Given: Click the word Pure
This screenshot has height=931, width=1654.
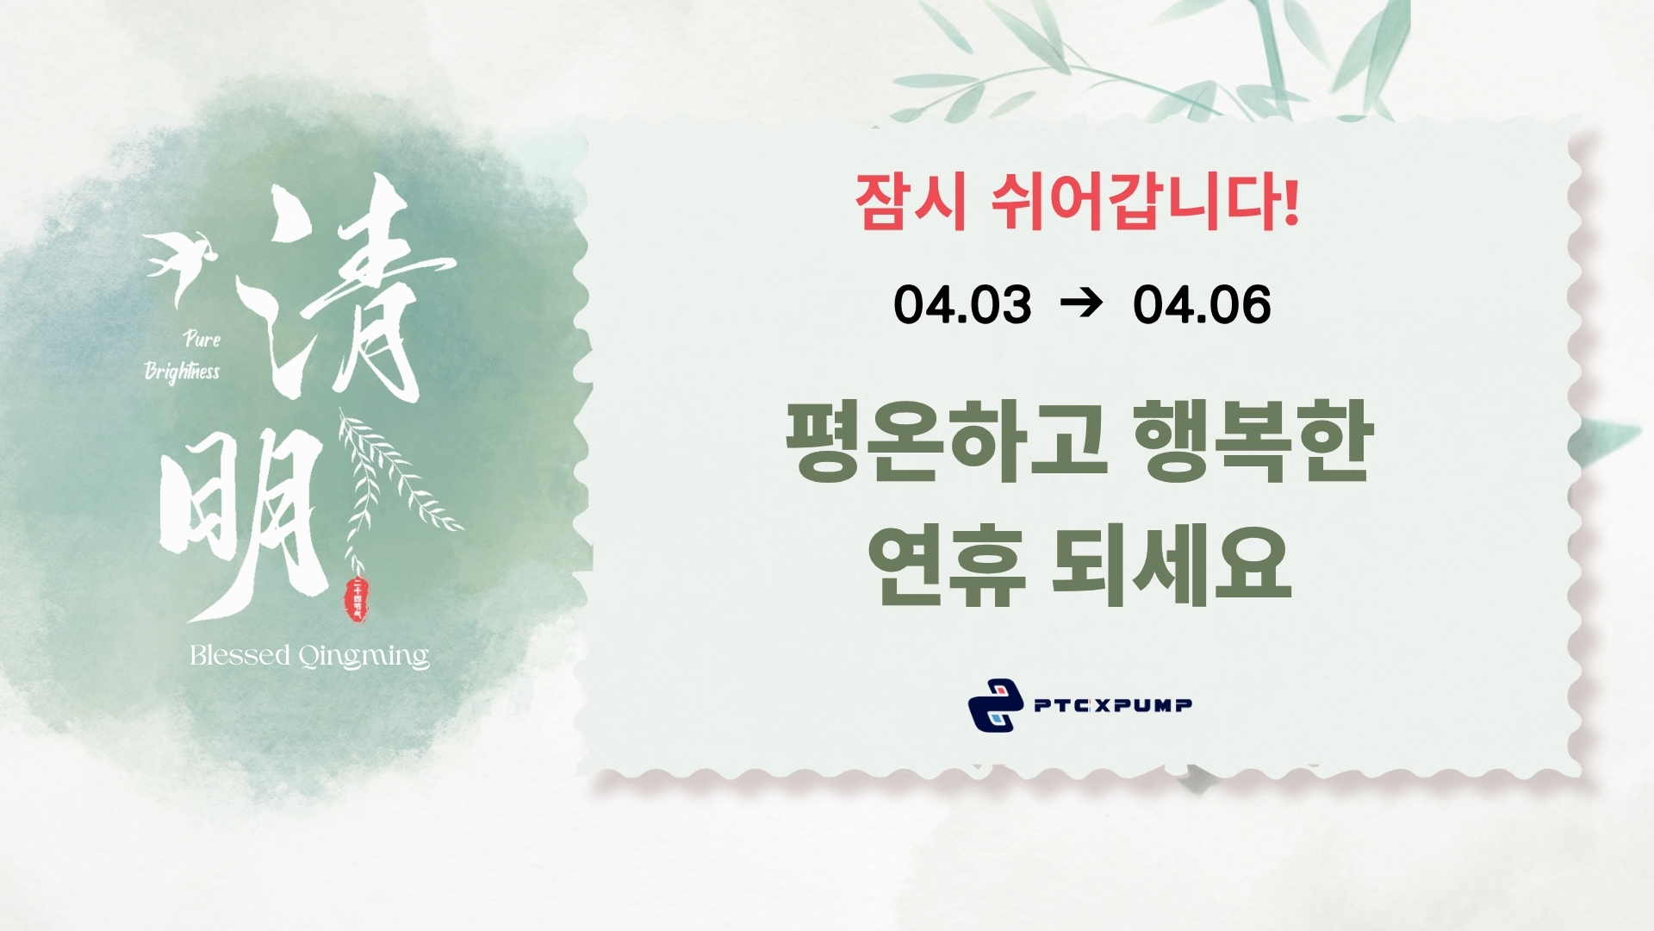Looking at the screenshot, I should pyautogui.click(x=202, y=339).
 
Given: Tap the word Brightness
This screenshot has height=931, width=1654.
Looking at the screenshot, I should pyautogui.click(x=182, y=372).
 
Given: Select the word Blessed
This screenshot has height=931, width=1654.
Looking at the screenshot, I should pyautogui.click(x=239, y=656).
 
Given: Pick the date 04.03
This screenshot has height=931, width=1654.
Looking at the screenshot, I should pyautogui.click(x=962, y=305).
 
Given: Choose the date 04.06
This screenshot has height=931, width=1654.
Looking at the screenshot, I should pyautogui.click(x=1202, y=305).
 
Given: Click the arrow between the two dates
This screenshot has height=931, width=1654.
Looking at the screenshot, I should pyautogui.click(x=1082, y=303).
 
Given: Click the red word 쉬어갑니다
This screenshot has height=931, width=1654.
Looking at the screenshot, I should pyautogui.click(x=1145, y=203).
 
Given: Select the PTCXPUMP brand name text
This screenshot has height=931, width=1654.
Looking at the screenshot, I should pyautogui.click(x=1113, y=706).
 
